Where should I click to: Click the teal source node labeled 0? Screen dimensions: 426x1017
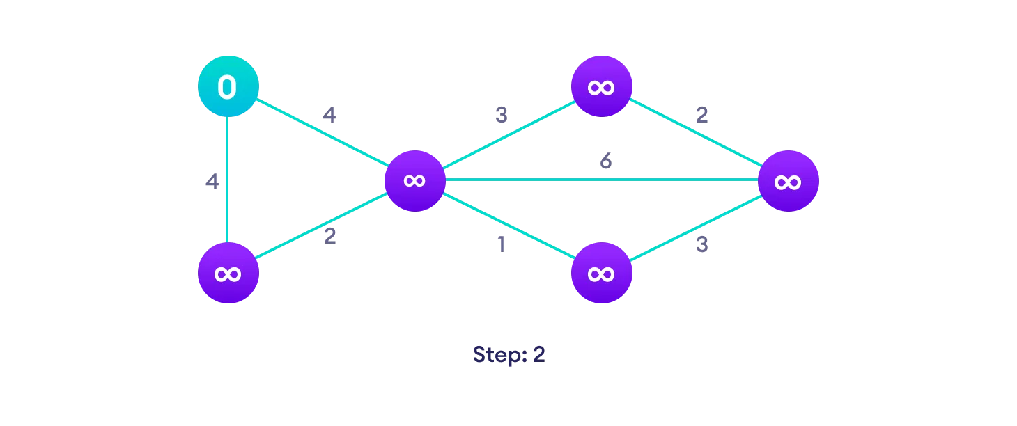pos(228,87)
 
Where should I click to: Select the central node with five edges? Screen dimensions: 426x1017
pos(415,180)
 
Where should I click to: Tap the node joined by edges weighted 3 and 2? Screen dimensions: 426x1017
pos(601,87)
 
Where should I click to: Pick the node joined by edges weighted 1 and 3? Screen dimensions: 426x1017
pos(601,273)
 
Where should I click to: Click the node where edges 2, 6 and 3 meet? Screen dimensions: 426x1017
pos(788,181)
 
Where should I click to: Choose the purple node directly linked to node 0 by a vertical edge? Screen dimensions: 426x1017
pos(228,273)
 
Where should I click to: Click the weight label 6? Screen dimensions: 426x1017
pos(606,161)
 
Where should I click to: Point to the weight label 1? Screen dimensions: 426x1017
pos(500,246)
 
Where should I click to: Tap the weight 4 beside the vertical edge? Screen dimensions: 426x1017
pos(212,182)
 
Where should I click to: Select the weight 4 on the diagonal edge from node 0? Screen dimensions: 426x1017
pos(329,115)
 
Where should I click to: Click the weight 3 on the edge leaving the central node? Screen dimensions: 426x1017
pos(501,115)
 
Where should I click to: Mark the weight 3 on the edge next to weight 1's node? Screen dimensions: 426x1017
pos(701,245)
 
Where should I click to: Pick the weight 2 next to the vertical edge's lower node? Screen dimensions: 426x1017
pos(329,236)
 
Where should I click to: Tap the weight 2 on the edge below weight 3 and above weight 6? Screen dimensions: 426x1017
pos(701,115)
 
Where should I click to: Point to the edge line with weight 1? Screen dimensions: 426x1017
pos(509,227)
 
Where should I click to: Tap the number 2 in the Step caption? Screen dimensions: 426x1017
pos(538,354)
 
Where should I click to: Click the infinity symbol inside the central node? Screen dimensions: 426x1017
pos(415,180)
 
